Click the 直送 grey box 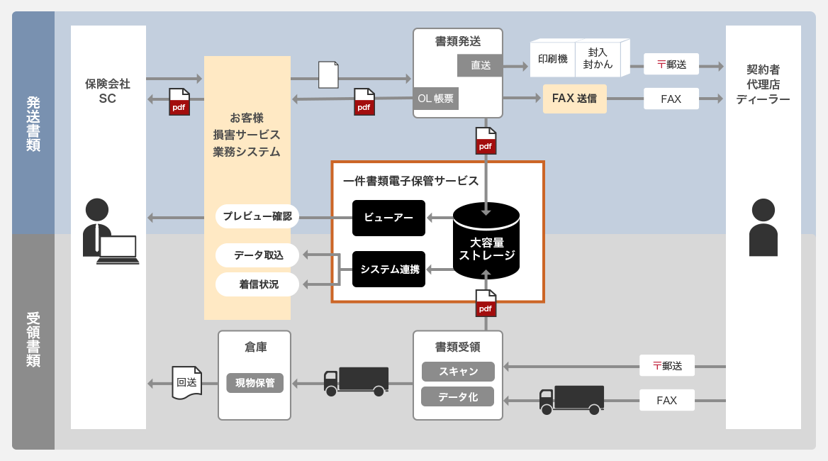[480, 65]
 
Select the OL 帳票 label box [435, 99]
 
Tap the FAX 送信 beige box [574, 99]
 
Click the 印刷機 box [552, 59]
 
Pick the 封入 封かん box [598, 59]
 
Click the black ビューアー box [388, 218]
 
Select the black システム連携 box [388, 269]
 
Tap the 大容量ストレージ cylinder [486, 242]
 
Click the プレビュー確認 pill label [257, 216]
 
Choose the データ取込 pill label [258, 255]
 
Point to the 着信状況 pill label [258, 284]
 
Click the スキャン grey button [457, 372]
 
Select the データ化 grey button [457, 396]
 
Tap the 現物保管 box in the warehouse [254, 383]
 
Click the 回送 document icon [187, 382]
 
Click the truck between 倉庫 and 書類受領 [356, 382]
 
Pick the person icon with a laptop [108, 232]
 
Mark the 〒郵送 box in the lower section [666, 366]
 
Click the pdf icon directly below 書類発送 [486, 141]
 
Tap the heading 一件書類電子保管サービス [410, 181]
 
